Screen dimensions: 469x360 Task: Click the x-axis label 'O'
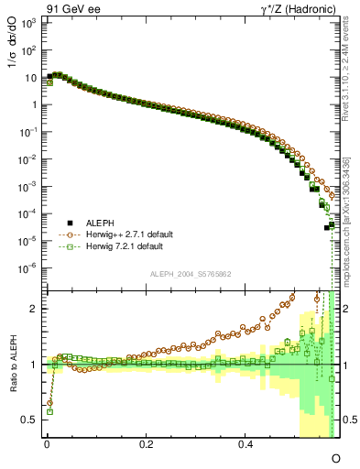(335, 457)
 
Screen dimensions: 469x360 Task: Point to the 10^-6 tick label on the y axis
(28, 268)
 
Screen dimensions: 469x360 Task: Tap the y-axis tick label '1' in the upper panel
(34, 104)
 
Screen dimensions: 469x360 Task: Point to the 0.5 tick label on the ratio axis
(29, 420)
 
